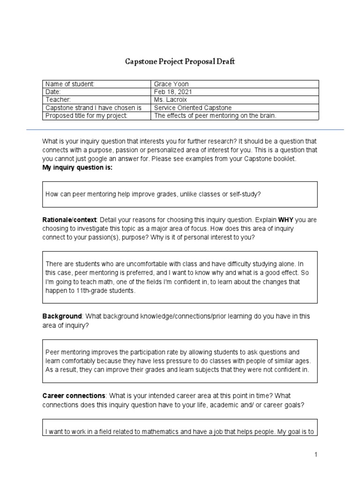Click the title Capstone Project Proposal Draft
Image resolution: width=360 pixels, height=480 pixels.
pos(180,62)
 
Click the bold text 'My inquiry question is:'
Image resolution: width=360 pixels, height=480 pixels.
pos(77,168)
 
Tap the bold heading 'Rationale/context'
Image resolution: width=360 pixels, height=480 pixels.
pos(69,220)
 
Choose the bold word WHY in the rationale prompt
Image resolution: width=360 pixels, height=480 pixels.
pos(286,220)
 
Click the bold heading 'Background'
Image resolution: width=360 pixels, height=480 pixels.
pos(62,317)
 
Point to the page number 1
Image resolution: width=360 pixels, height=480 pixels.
pos(316,455)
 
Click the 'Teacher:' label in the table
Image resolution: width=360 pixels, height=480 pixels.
pos(59,100)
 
